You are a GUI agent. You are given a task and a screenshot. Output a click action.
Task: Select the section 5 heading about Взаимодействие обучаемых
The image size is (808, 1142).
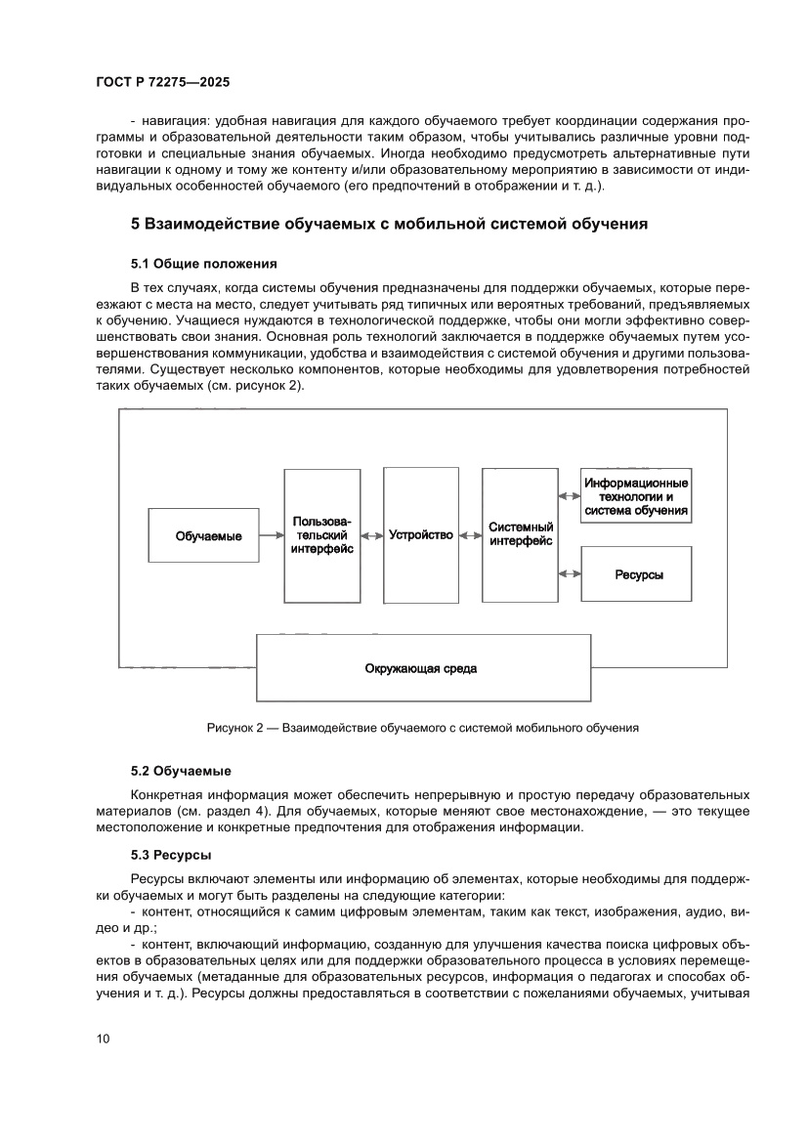point(390,224)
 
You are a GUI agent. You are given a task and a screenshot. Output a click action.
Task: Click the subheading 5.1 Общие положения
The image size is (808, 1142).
point(204,264)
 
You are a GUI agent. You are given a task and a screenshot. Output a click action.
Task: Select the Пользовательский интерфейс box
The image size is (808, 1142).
point(321,535)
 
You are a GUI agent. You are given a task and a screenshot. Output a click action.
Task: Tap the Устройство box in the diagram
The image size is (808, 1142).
point(421,535)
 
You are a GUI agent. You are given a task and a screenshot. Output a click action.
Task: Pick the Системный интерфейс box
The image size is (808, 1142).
point(520,535)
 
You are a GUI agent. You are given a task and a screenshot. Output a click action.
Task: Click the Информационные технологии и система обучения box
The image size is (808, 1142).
point(636,496)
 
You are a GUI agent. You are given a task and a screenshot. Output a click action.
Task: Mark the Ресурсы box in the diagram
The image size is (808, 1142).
point(636,574)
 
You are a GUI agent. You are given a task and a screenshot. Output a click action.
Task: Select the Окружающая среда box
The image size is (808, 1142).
point(423,668)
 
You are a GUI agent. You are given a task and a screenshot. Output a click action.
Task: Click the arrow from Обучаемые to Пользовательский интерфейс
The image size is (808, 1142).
point(272,536)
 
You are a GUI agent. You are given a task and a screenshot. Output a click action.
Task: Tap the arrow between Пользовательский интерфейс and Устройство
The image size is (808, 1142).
point(371,536)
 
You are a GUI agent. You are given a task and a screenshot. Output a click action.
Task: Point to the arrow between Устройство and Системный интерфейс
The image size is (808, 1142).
point(470,536)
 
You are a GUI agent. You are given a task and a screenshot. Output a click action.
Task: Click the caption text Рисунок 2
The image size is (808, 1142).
point(234,728)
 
